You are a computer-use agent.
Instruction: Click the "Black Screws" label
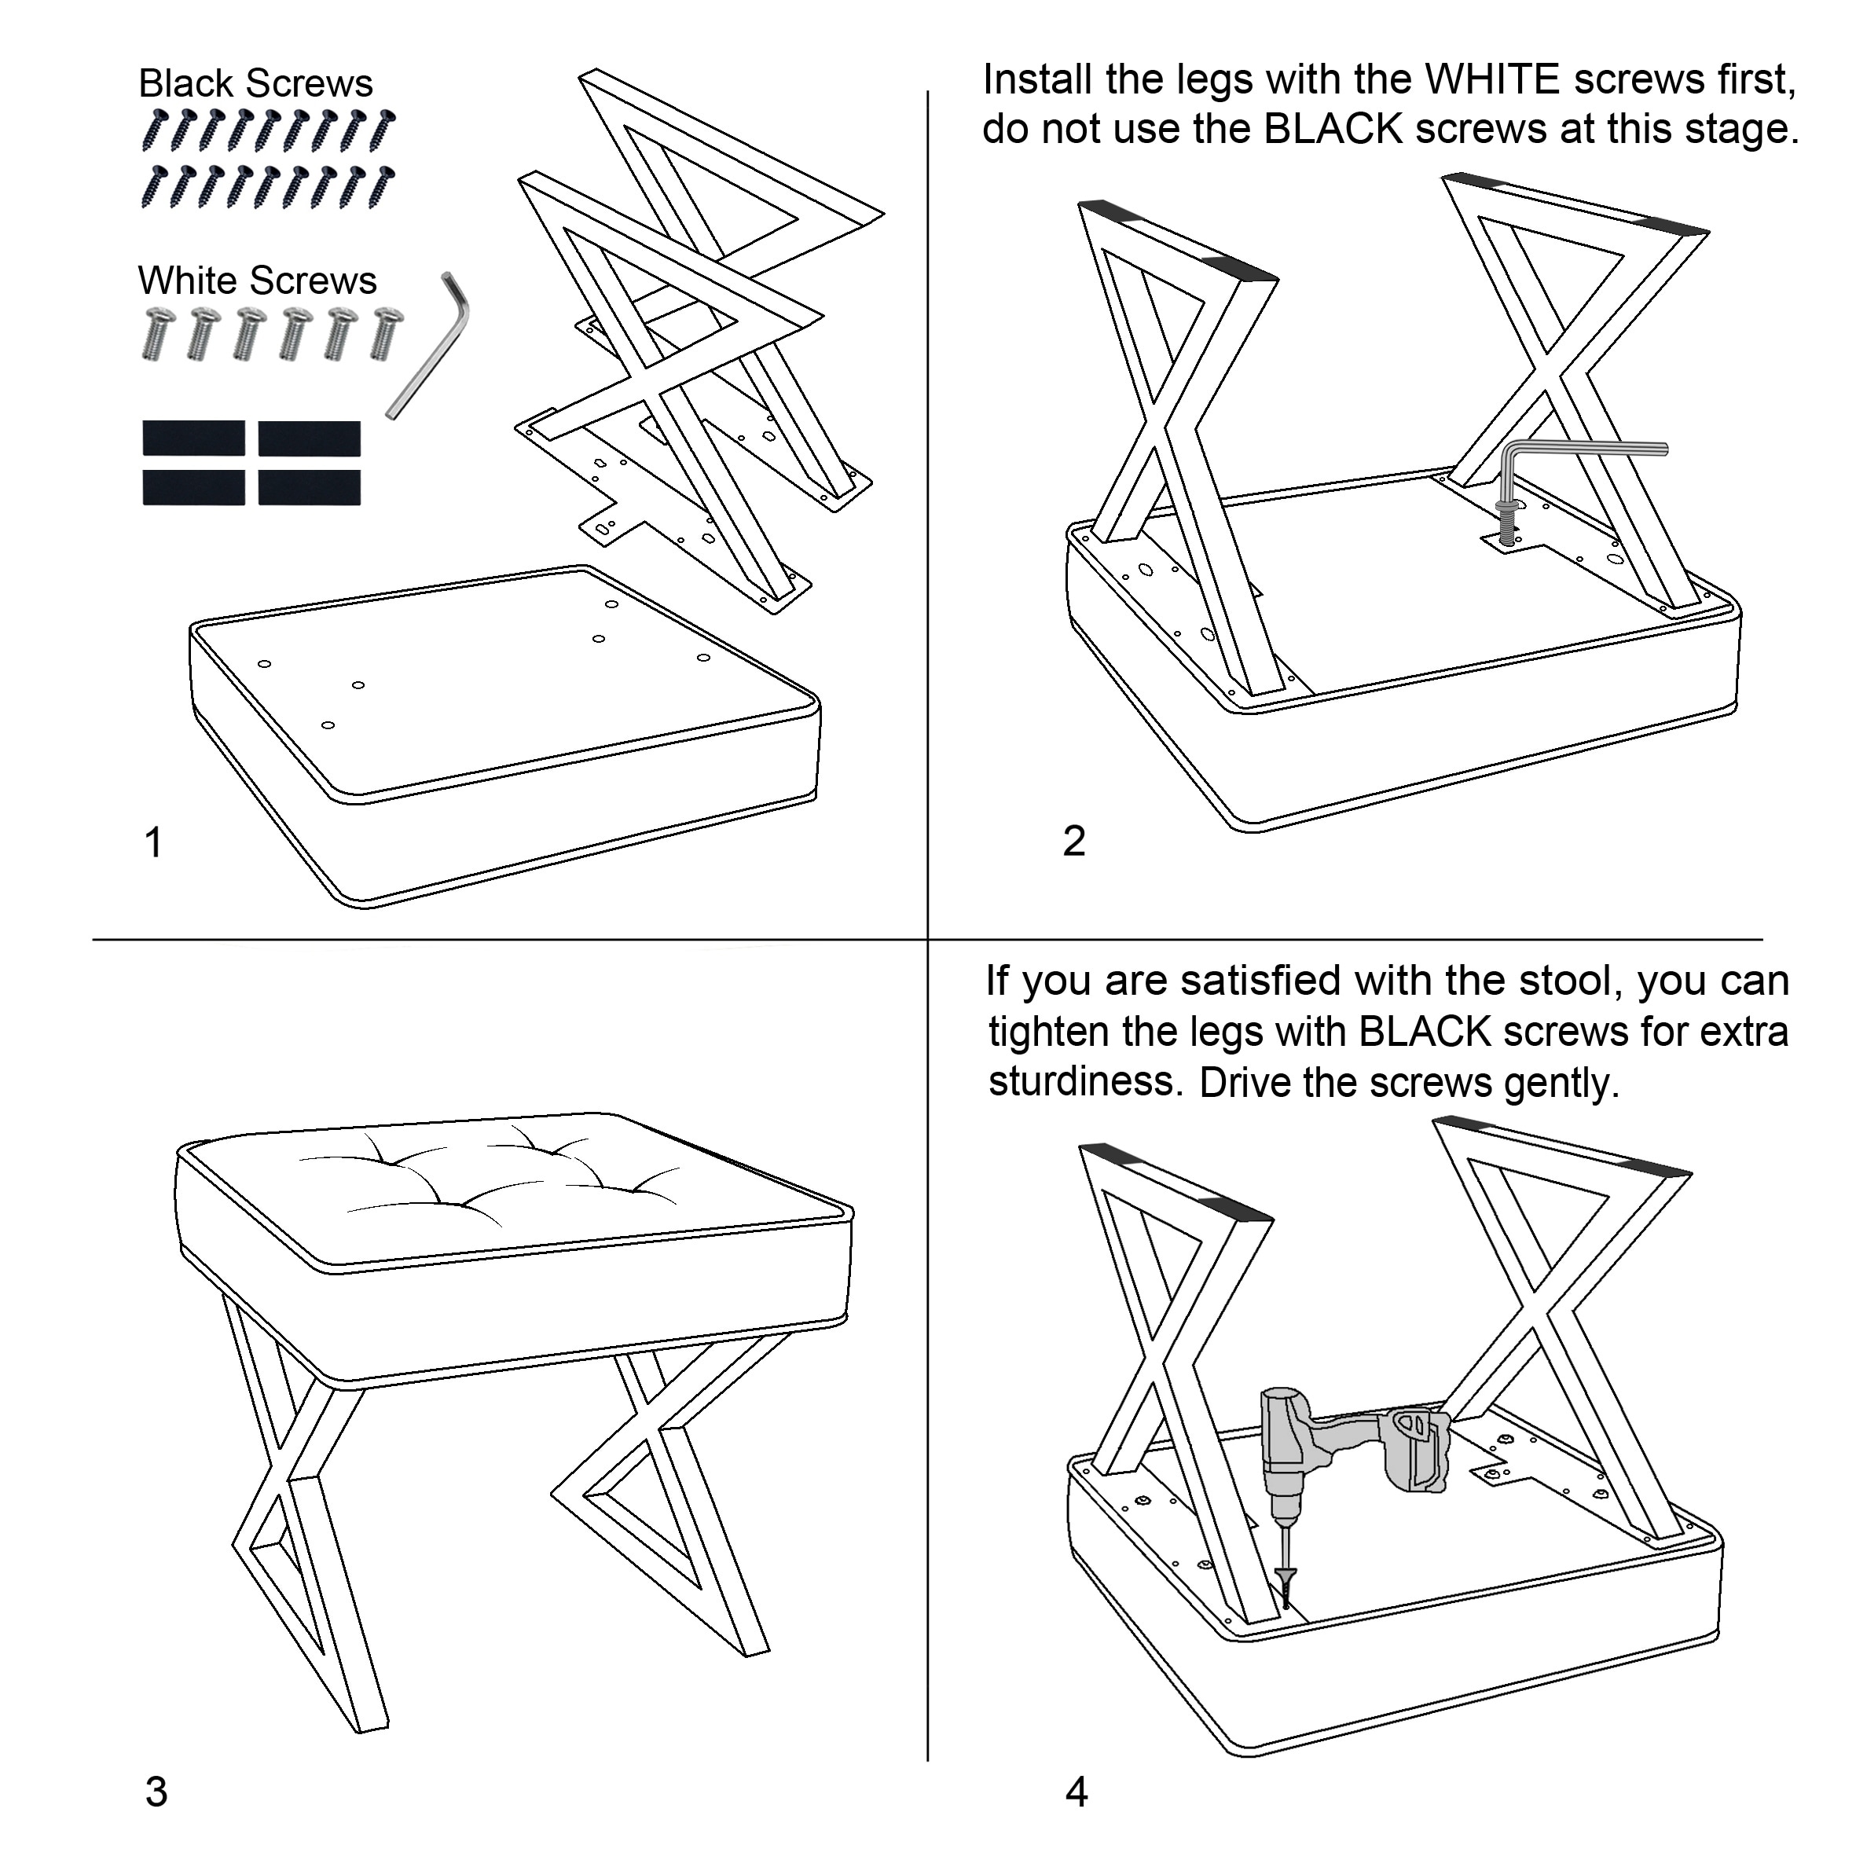(255, 83)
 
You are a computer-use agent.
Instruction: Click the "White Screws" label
(258, 281)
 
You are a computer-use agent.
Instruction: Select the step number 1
(152, 842)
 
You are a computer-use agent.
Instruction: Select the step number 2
(1074, 842)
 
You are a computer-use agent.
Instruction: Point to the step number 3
(156, 1792)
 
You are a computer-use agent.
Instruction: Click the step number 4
(1077, 1792)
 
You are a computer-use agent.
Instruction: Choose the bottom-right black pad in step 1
(310, 488)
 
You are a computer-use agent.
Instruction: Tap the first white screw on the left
(159, 333)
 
